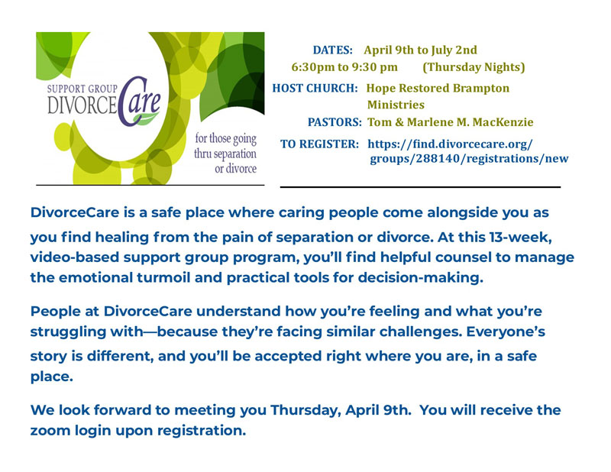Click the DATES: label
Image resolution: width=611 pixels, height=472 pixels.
point(332,50)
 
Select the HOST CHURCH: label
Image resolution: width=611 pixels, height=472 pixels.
point(315,88)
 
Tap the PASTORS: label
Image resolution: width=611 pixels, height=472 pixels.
point(335,122)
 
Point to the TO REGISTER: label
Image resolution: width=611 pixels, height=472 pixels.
point(320,144)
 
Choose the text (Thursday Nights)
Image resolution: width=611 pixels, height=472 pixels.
point(474,67)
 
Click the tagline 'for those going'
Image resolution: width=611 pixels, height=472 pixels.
point(225,140)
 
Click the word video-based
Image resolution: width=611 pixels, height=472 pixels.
point(70,257)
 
